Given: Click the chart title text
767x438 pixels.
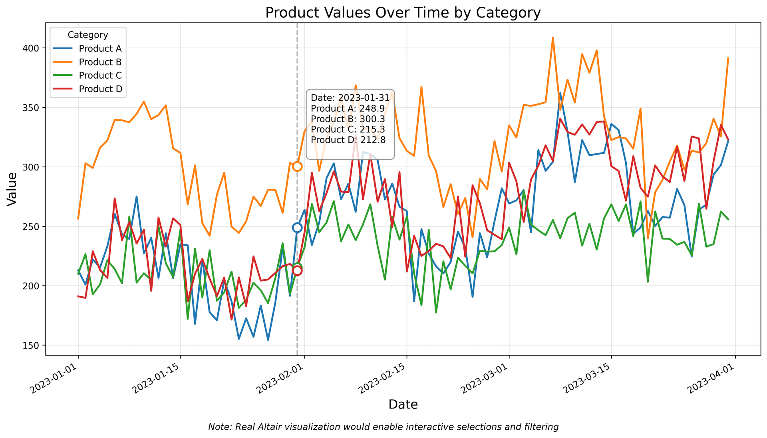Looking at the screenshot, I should (x=403, y=13).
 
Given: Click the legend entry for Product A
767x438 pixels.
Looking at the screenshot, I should (x=100, y=49).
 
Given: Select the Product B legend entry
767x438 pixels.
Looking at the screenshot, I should (x=100, y=62).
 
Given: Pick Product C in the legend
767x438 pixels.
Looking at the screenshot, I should (x=100, y=76).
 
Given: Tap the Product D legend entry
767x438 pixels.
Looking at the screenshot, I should (x=100, y=89).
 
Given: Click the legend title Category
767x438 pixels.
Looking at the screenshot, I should (x=88, y=35).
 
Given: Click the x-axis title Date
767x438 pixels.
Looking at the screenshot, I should (x=403, y=405).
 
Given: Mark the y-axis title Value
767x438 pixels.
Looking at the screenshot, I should (x=12, y=189).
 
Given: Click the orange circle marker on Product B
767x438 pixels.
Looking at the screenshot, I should (x=297, y=166).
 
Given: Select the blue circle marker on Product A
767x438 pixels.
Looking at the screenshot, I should (x=297, y=228).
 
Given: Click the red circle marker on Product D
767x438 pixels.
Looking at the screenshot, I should (x=297, y=271).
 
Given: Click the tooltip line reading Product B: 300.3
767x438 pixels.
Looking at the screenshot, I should (x=348, y=119).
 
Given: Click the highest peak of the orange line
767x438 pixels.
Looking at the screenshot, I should (x=552, y=38).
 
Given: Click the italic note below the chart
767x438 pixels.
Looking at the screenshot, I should (x=383, y=427).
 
